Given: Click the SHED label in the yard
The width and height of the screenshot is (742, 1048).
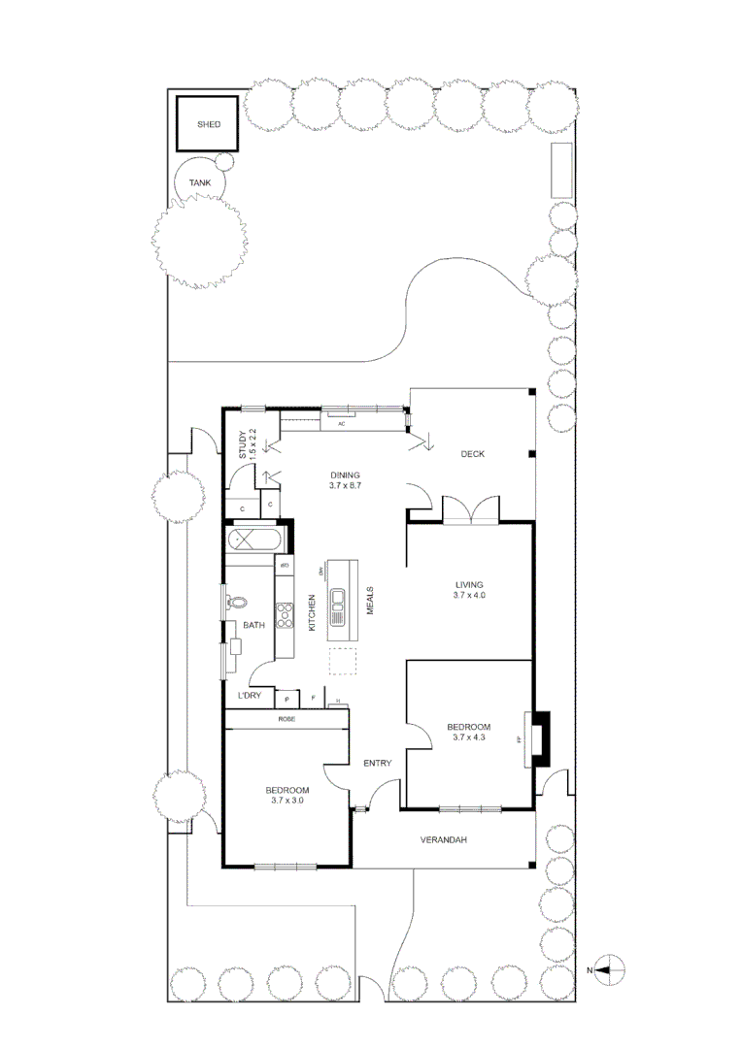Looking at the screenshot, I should pyautogui.click(x=209, y=125).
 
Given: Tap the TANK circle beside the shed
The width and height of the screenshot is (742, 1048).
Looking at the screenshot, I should pyautogui.click(x=200, y=182).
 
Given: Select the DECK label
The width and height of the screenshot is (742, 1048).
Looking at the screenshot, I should pyautogui.click(x=472, y=454).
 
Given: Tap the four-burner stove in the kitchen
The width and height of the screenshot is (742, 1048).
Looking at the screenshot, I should pyautogui.click(x=286, y=613).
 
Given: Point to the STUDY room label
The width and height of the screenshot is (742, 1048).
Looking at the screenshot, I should pyautogui.click(x=244, y=443).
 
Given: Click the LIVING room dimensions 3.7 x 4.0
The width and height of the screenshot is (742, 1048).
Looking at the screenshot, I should pyautogui.click(x=469, y=596).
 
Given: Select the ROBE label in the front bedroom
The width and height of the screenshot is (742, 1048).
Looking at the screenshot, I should pyautogui.click(x=287, y=719).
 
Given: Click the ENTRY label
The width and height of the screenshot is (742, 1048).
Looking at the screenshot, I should pyautogui.click(x=378, y=764).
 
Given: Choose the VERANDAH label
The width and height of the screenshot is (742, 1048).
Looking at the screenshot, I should pyautogui.click(x=444, y=840).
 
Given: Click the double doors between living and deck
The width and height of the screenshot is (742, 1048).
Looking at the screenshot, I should pyautogui.click(x=470, y=510).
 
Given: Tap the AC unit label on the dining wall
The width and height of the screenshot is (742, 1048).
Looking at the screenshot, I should pyautogui.click(x=341, y=424).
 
